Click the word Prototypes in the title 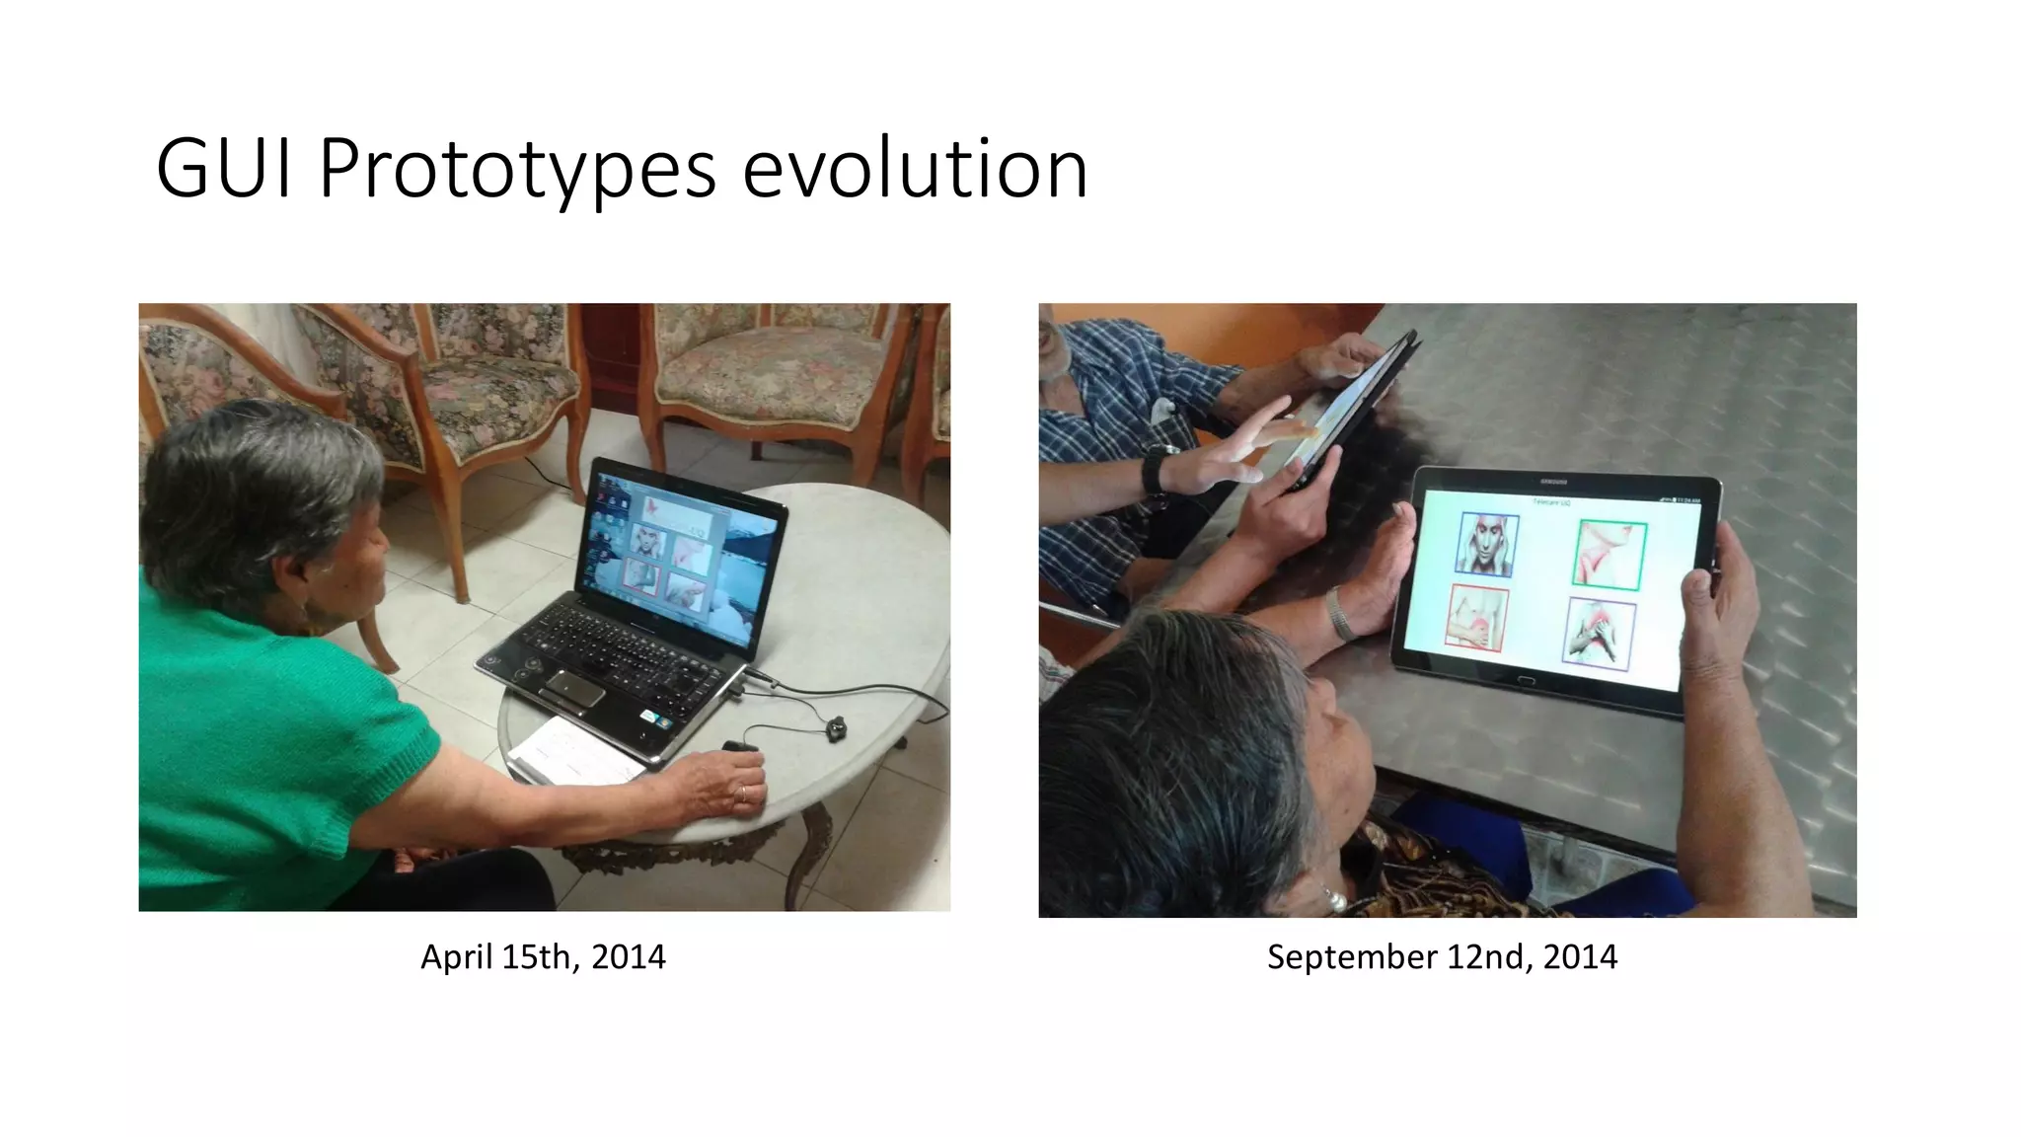516,170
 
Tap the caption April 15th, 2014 543,956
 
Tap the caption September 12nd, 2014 1442,956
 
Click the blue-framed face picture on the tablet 1487,544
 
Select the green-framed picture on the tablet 1609,556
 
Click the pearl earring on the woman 1335,900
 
